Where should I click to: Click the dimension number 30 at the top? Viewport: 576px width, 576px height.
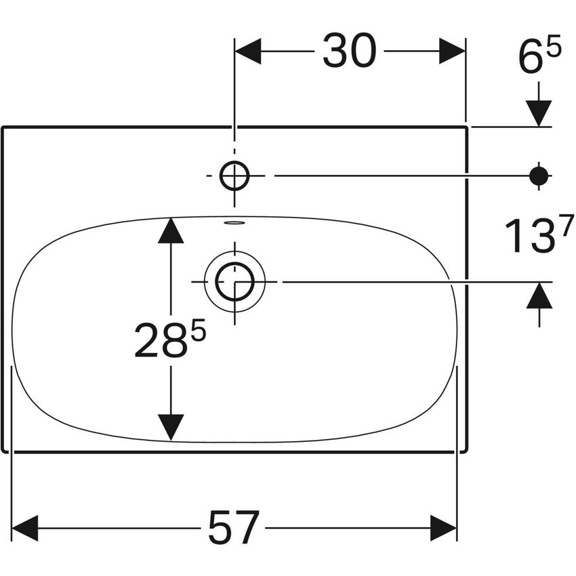[x=350, y=51]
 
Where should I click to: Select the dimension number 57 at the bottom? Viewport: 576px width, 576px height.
[x=234, y=529]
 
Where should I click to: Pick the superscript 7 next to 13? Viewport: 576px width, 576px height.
[x=567, y=225]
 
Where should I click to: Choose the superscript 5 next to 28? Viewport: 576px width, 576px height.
[x=198, y=330]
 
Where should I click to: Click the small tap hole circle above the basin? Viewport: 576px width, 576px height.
[x=234, y=163]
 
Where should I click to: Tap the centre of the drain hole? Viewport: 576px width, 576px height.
[x=234, y=282]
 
